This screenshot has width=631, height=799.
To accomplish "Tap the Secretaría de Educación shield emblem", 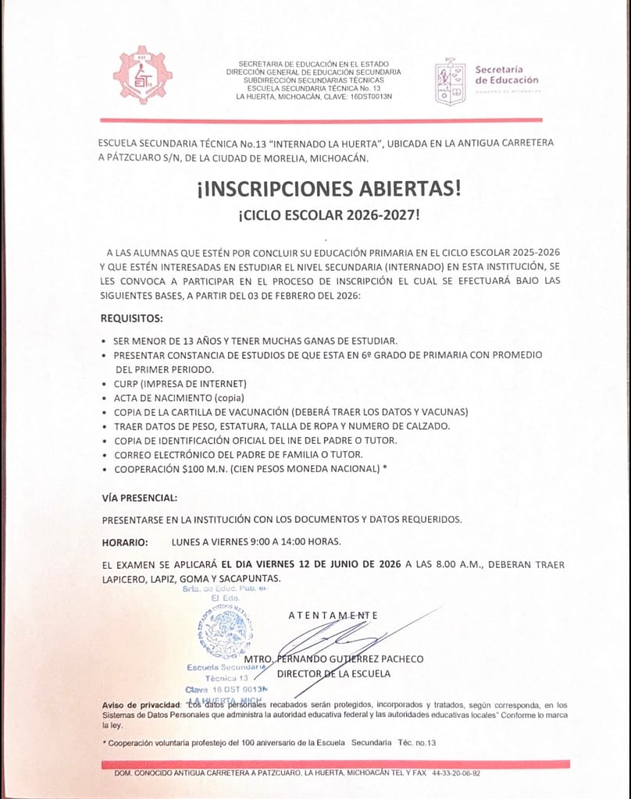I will pos(451,81).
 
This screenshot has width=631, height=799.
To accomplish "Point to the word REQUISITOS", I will pos(132,318).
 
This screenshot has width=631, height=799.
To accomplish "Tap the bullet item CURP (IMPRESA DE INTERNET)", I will pos(180,383).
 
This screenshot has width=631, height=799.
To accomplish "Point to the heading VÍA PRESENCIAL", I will pos(139,497).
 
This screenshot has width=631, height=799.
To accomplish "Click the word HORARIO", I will pos(125,542).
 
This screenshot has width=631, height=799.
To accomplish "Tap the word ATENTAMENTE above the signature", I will pos(333,615).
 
